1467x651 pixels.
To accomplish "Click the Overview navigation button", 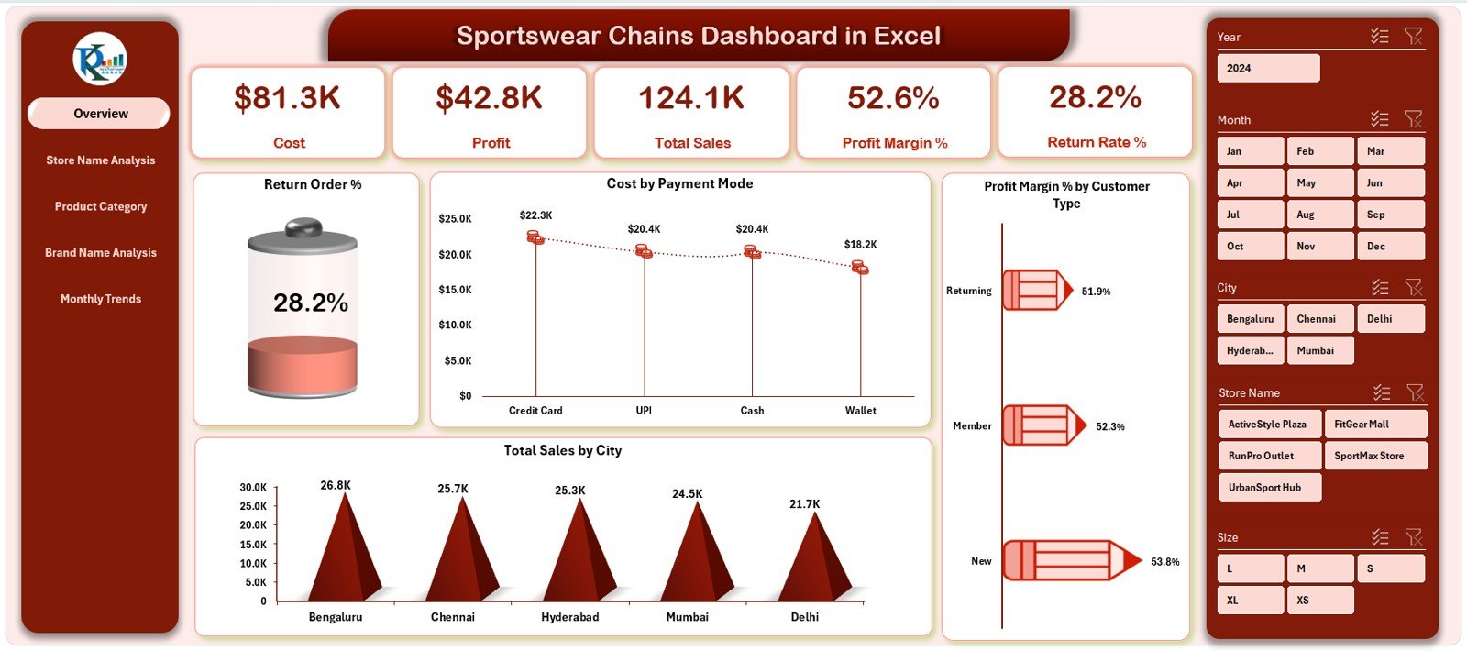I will pos(100,114).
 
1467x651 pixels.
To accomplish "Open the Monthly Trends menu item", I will pos(101,299).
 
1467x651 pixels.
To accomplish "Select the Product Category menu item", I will pos(101,206).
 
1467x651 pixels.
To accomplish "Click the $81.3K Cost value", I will pos(287,98).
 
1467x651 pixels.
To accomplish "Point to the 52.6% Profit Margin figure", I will pos(893,98).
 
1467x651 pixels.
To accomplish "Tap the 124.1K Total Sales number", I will pos(691,98).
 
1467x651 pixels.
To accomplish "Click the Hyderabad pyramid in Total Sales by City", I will pos(578,559).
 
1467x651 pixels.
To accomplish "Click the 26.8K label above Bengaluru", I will pos(336,485).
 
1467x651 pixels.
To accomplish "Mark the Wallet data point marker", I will pos(859,268).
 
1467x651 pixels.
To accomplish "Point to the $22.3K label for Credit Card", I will pos(535,215).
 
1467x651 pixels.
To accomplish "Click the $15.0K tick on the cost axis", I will pos(455,290).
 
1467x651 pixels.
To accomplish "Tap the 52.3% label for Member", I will pos(1109,426).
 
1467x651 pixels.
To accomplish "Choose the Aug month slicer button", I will pos(1319,215).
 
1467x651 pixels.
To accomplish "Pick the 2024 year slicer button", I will pos(1268,68).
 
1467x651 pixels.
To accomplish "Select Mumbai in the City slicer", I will pos(1319,350).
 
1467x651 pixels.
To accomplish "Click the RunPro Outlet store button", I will pos(1269,456).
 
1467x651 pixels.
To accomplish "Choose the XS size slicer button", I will pos(1319,601).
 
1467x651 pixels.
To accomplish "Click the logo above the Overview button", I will pos(100,60).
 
